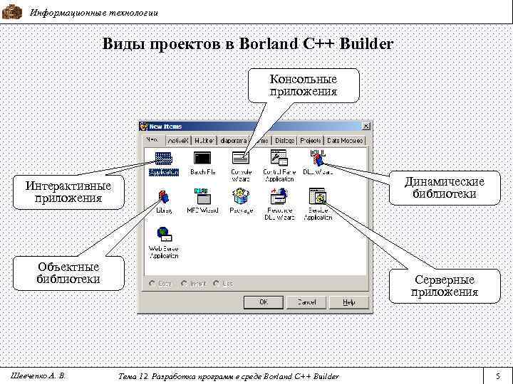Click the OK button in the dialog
[x=263, y=302]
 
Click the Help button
[x=348, y=302]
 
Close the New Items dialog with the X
[x=366, y=127]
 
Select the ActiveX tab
[x=177, y=141]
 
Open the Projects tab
[x=311, y=141]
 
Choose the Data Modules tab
[x=345, y=141]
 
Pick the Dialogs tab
[x=285, y=141]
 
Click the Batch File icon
[x=202, y=158]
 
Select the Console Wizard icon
[x=240, y=157]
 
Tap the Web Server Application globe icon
[x=163, y=233]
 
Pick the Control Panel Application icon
[x=279, y=157]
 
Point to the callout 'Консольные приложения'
[x=304, y=85]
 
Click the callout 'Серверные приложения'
[x=445, y=285]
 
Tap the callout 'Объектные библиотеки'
[x=68, y=272]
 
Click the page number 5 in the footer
[x=498, y=375]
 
